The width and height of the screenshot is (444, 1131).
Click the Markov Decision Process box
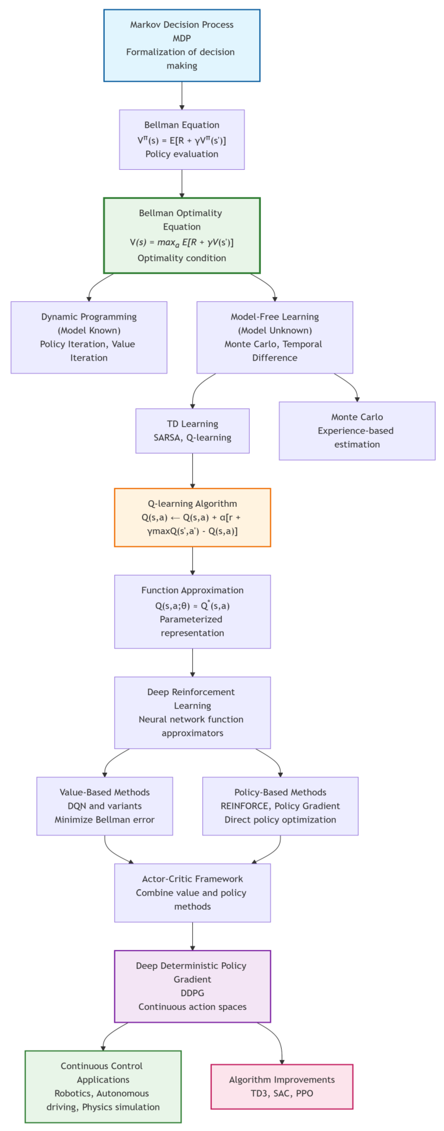click(x=182, y=45)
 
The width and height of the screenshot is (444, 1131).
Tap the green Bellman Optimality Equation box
click(x=182, y=235)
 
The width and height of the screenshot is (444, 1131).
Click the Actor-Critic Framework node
click(x=192, y=893)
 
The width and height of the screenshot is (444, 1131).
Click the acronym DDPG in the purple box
click(x=192, y=993)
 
